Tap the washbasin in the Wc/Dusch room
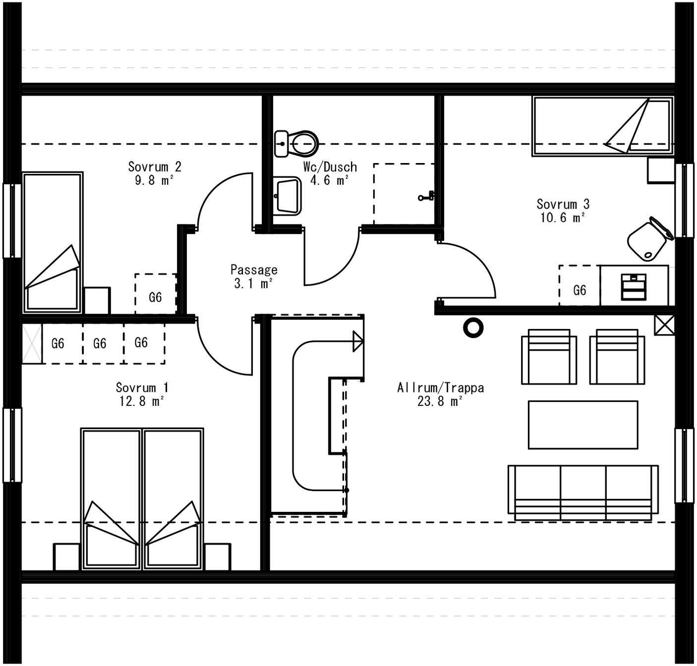(x=288, y=196)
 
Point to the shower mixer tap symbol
(x=426, y=197)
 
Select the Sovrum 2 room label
(x=155, y=167)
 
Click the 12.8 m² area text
(x=142, y=401)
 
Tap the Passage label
(x=254, y=270)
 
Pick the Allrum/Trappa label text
(x=440, y=388)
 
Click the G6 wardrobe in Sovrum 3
(x=580, y=290)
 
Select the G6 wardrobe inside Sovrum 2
(x=156, y=296)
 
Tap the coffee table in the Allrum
(x=582, y=425)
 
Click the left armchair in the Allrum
(x=549, y=357)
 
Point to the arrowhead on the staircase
(x=358, y=341)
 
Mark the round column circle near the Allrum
(x=473, y=328)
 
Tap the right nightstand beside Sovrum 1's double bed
(x=218, y=556)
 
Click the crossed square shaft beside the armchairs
(x=664, y=325)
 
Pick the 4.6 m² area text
(x=329, y=180)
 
